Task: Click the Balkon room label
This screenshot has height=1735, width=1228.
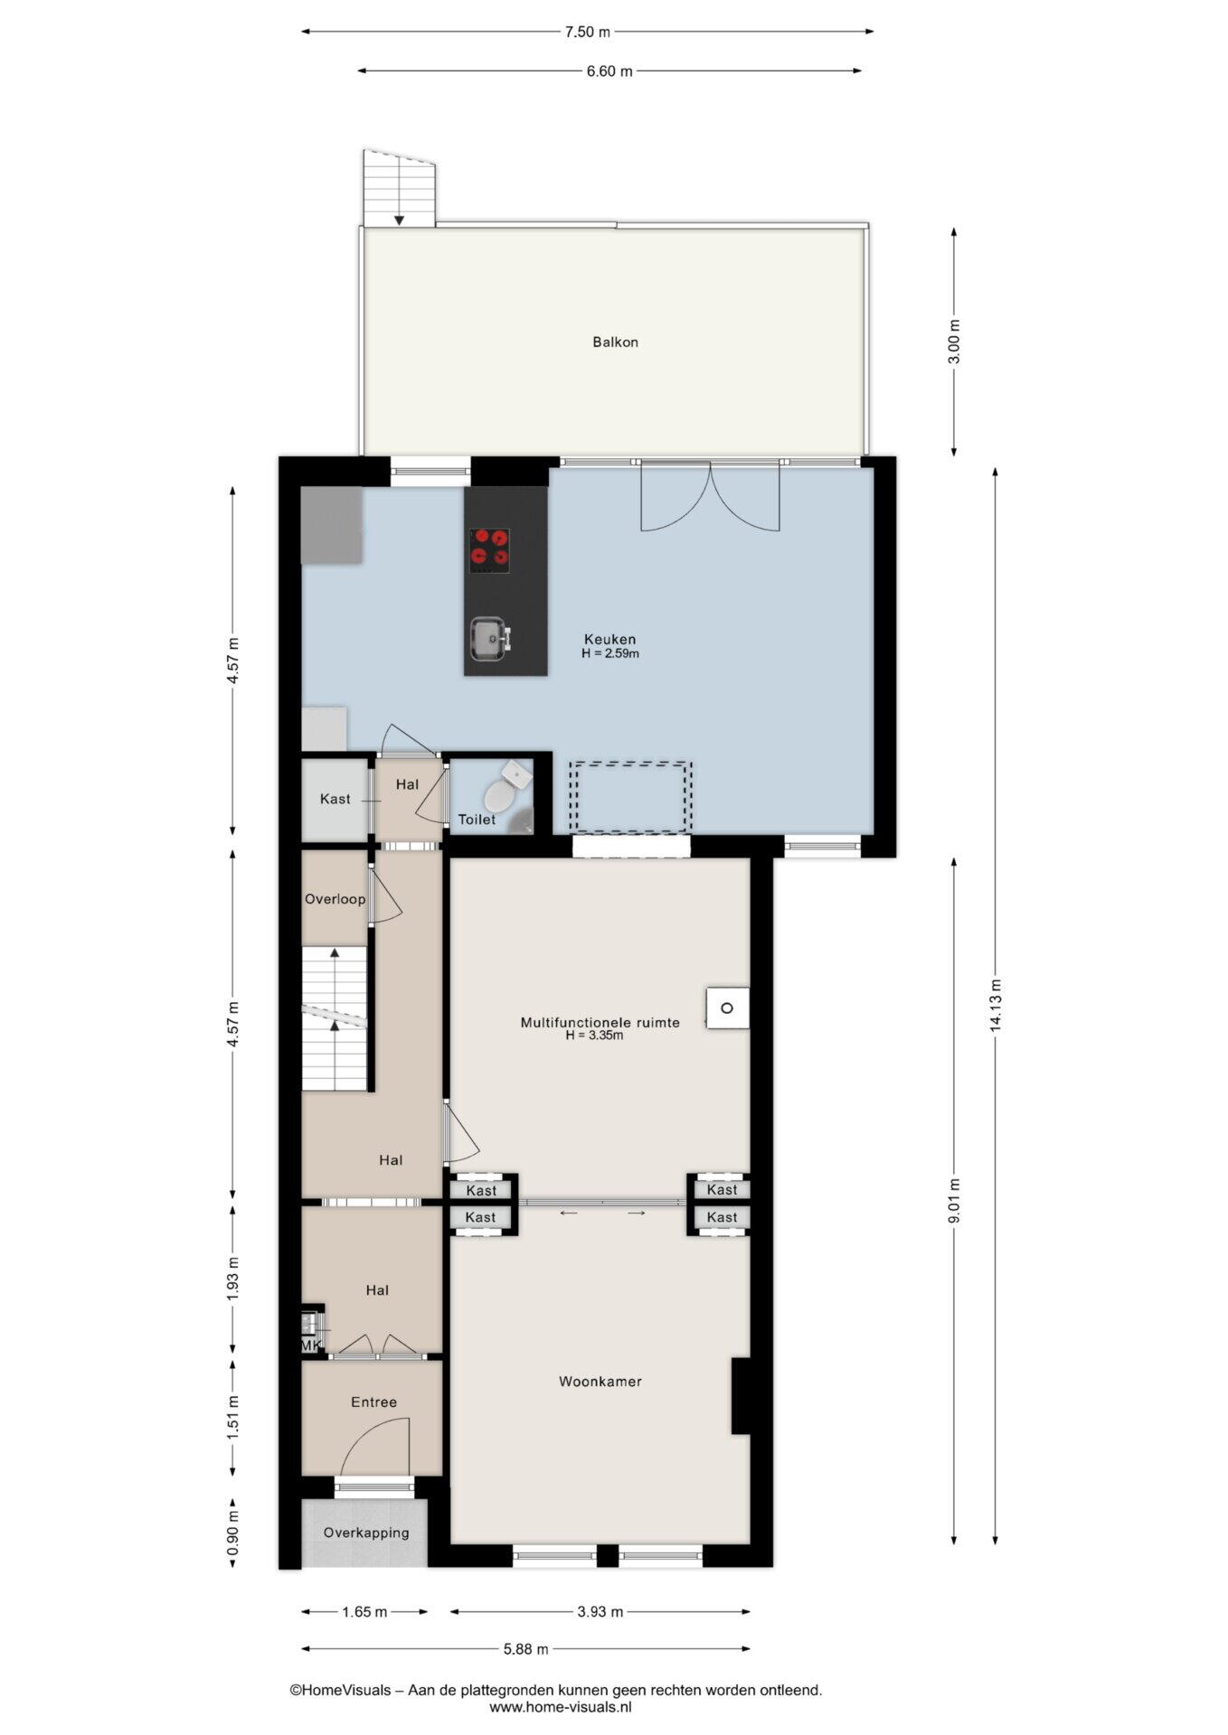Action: pos(615,342)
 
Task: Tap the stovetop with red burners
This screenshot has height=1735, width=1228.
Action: pos(489,550)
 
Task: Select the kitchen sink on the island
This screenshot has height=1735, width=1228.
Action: pos(490,639)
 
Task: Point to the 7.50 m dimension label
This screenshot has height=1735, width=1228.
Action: pos(588,32)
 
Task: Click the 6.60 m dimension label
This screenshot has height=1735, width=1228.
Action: pos(609,71)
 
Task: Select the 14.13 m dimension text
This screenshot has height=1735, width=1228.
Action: pos(996,1005)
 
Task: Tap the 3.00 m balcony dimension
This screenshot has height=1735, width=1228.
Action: pos(955,342)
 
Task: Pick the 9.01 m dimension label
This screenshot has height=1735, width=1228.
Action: pos(955,1200)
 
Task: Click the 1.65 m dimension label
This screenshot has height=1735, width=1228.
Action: pos(364,1611)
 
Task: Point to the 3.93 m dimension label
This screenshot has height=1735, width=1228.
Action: pos(600,1611)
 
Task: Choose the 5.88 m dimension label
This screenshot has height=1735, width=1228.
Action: pos(525,1648)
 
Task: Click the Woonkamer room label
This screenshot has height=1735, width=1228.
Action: pos(600,1381)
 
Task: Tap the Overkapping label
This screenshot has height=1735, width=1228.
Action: pos(366,1533)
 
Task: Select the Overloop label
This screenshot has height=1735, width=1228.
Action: pos(335,899)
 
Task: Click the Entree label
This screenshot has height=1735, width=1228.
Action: pos(373,1402)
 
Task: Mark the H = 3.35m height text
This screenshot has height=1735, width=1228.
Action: pos(594,1036)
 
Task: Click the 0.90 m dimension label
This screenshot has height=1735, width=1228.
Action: pos(232,1533)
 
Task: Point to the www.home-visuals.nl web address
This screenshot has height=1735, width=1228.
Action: pos(561,1706)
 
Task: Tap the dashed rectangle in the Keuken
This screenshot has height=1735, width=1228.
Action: pos(631,797)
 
